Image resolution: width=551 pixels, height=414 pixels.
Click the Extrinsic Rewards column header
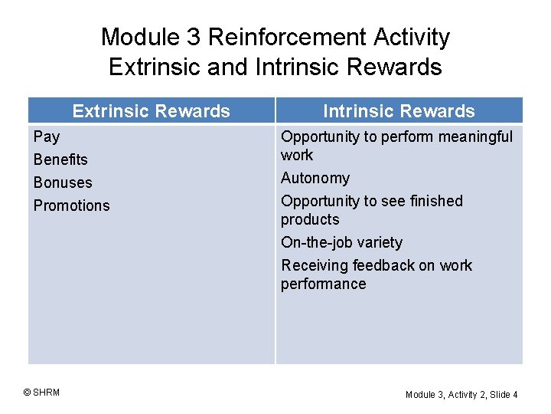coord(151,111)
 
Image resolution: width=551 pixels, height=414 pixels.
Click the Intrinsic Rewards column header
coord(399,111)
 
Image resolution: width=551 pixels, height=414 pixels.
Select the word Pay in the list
coord(47,137)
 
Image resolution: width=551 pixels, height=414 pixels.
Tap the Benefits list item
coord(60,159)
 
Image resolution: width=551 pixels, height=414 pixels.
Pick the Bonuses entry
coord(63,182)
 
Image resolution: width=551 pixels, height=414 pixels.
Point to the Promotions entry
coord(72,205)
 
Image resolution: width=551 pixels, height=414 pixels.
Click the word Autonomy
coord(315,179)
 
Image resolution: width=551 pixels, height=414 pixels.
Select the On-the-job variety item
coord(341,242)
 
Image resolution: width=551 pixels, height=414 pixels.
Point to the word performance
coord(323,284)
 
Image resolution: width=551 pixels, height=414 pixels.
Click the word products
coord(310,219)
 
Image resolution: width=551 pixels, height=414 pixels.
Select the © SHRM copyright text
coord(41,393)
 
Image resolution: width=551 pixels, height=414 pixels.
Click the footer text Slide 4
coord(504,394)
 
